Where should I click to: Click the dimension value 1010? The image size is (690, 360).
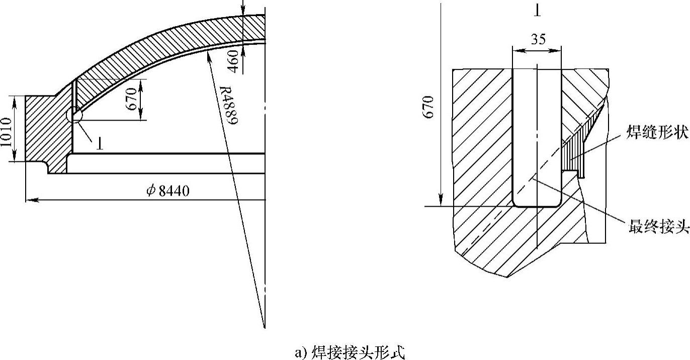6,132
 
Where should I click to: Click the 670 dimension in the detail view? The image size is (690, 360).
429,108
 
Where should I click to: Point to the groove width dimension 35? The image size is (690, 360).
537,39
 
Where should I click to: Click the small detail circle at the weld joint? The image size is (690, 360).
73,115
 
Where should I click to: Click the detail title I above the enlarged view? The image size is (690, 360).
537,10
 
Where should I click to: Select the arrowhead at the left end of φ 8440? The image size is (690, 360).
29,200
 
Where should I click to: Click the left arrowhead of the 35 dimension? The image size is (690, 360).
515,50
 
